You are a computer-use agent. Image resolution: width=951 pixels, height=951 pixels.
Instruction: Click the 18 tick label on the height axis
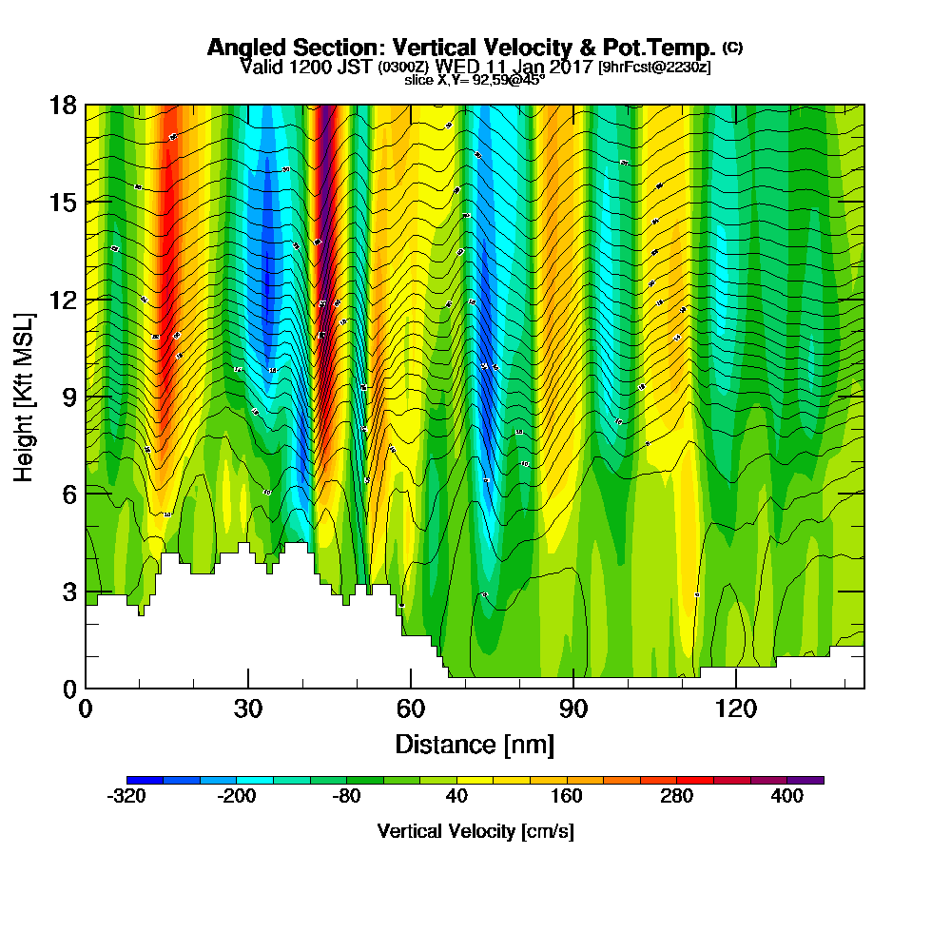62,105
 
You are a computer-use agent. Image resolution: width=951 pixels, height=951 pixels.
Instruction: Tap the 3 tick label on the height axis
68,591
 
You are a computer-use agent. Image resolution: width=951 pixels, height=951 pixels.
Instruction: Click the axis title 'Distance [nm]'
475,743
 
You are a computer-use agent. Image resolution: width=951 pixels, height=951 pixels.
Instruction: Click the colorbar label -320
126,797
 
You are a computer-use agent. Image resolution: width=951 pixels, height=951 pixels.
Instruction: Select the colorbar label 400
787,797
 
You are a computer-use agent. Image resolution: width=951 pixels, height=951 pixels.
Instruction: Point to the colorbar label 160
567,797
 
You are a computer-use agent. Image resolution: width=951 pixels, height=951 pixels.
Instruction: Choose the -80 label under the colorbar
347,797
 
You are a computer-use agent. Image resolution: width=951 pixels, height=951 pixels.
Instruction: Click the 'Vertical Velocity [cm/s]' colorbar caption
475,831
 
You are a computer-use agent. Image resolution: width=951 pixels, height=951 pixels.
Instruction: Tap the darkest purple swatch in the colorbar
805,780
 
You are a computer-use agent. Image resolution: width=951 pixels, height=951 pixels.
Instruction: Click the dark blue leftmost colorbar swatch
145,780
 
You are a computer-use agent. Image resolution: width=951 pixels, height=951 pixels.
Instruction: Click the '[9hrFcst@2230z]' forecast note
653,68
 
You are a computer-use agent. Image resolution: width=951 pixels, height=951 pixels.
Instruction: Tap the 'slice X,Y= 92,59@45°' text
475,81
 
